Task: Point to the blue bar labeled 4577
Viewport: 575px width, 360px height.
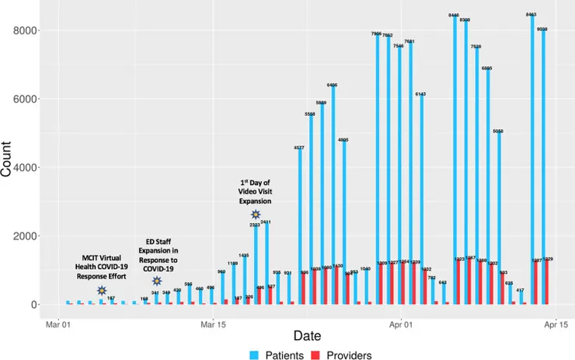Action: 300,225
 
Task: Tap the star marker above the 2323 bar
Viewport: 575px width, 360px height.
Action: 256,215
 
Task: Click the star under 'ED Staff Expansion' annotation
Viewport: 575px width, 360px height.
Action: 157,281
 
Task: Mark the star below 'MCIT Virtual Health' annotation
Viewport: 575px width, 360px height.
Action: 102,290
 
